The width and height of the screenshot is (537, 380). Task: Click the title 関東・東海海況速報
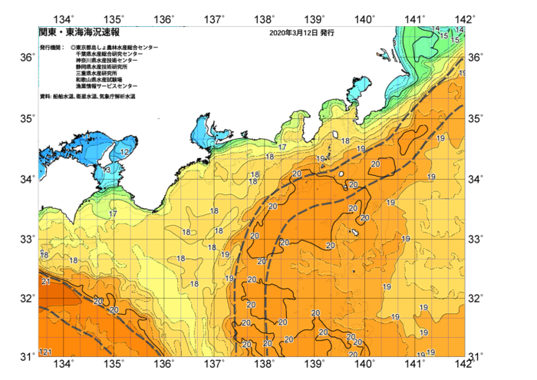[78, 33]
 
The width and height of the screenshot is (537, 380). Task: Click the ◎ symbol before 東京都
[73, 48]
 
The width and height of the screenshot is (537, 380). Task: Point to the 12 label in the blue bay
[124, 153]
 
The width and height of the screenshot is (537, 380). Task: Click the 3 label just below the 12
[108, 169]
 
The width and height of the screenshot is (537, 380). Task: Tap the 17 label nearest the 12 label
[113, 213]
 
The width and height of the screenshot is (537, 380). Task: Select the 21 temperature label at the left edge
[45, 282]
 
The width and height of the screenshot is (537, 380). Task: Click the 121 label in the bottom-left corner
[45, 352]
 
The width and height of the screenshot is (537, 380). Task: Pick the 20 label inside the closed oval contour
[376, 164]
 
